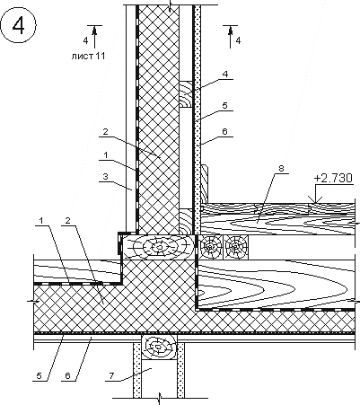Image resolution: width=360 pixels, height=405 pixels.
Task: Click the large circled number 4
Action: tap(18, 26)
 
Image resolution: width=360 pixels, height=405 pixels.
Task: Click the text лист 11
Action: tap(88, 56)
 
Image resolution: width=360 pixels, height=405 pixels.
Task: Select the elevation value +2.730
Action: tap(337, 179)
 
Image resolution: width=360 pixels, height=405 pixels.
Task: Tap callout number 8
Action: tap(281, 168)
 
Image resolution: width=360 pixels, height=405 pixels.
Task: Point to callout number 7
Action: tap(111, 375)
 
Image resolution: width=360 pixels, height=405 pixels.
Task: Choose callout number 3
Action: tap(105, 176)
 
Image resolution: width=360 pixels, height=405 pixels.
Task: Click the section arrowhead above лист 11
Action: tap(94, 31)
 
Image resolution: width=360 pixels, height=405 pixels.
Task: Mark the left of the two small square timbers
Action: tap(211, 247)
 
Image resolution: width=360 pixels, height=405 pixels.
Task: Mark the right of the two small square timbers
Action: tap(237, 247)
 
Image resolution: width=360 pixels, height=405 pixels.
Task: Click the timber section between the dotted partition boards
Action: tap(159, 347)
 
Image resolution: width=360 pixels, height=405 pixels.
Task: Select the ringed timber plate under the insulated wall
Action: tap(158, 247)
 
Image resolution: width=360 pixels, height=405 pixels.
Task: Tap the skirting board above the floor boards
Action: tap(204, 183)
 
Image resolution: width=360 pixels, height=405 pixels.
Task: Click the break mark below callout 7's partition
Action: tap(160, 398)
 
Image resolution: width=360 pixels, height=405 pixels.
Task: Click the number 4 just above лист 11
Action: tap(85, 40)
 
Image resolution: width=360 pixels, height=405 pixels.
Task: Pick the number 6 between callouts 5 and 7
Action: tap(67, 375)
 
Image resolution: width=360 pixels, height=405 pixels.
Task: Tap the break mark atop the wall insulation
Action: tap(170, 5)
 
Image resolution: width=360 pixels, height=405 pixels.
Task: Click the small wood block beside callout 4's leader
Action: tap(186, 93)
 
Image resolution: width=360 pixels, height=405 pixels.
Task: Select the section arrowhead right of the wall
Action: tap(230, 31)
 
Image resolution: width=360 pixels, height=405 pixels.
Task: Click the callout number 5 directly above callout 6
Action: tap(224, 105)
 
